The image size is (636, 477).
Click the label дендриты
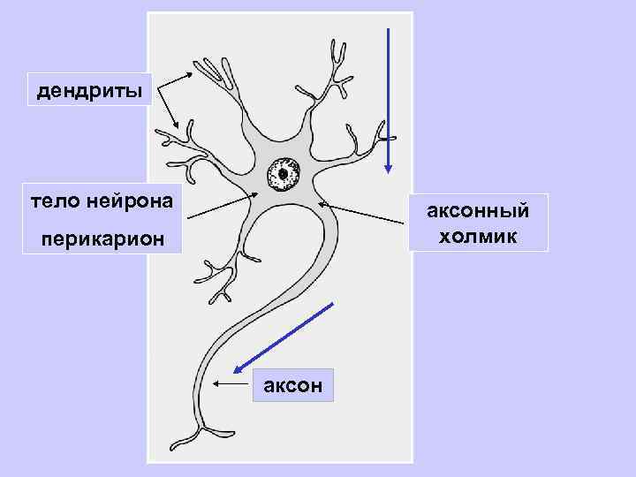[x=88, y=89]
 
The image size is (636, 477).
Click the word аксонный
[x=478, y=211]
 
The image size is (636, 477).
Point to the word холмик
[x=478, y=236]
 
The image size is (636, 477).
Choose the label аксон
[x=292, y=385]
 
